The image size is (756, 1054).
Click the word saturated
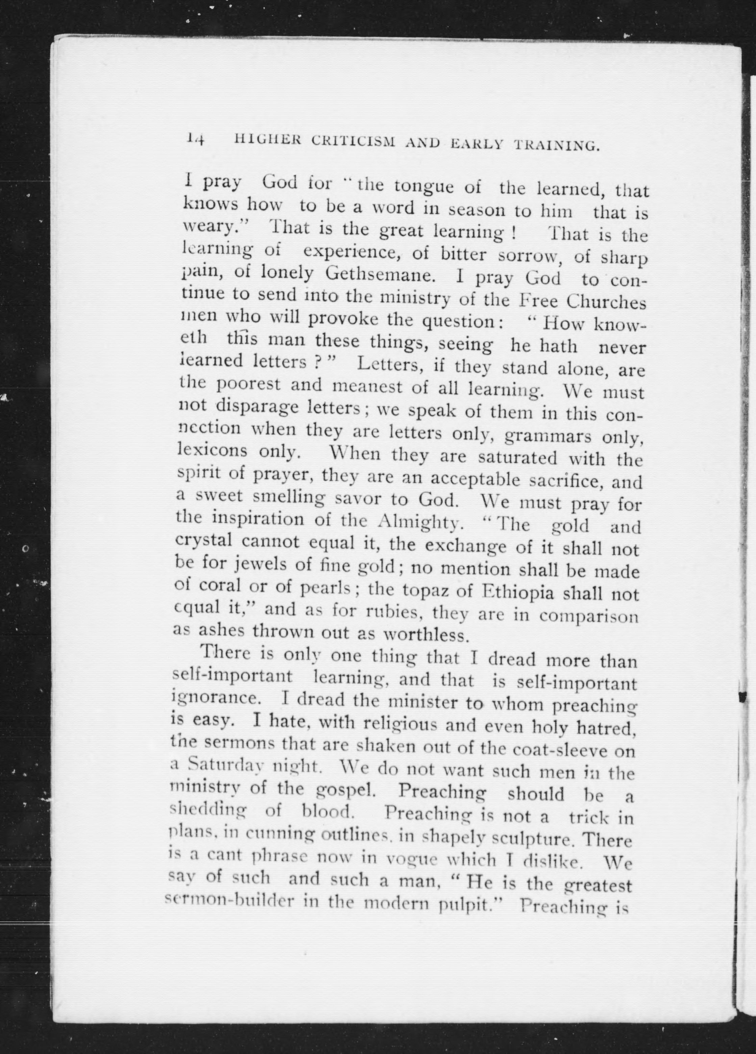pyautogui.click(x=517, y=457)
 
